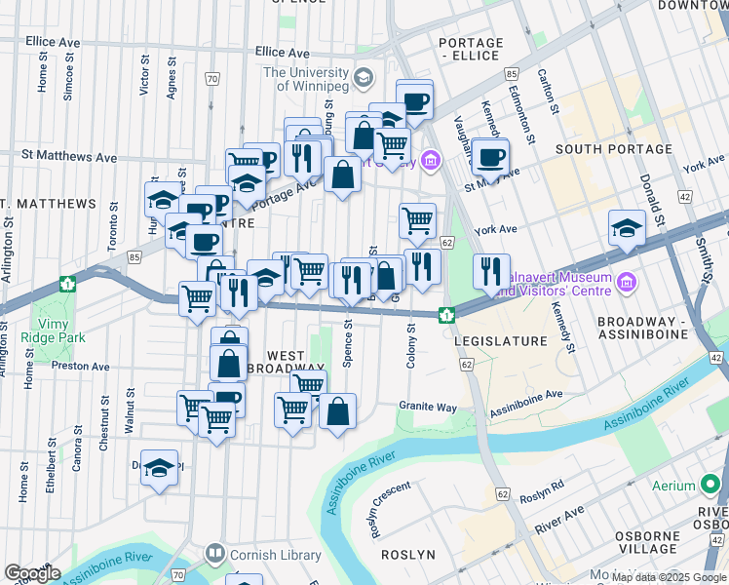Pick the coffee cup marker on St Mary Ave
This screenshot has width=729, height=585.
point(491,156)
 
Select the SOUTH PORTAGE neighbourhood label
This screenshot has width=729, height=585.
point(614,149)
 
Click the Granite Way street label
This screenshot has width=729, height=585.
point(427,406)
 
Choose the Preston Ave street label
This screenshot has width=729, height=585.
point(80,367)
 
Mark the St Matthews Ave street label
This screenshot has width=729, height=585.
point(69,156)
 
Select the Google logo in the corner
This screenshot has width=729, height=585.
point(32,573)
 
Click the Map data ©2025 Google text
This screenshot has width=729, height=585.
point(668,577)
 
